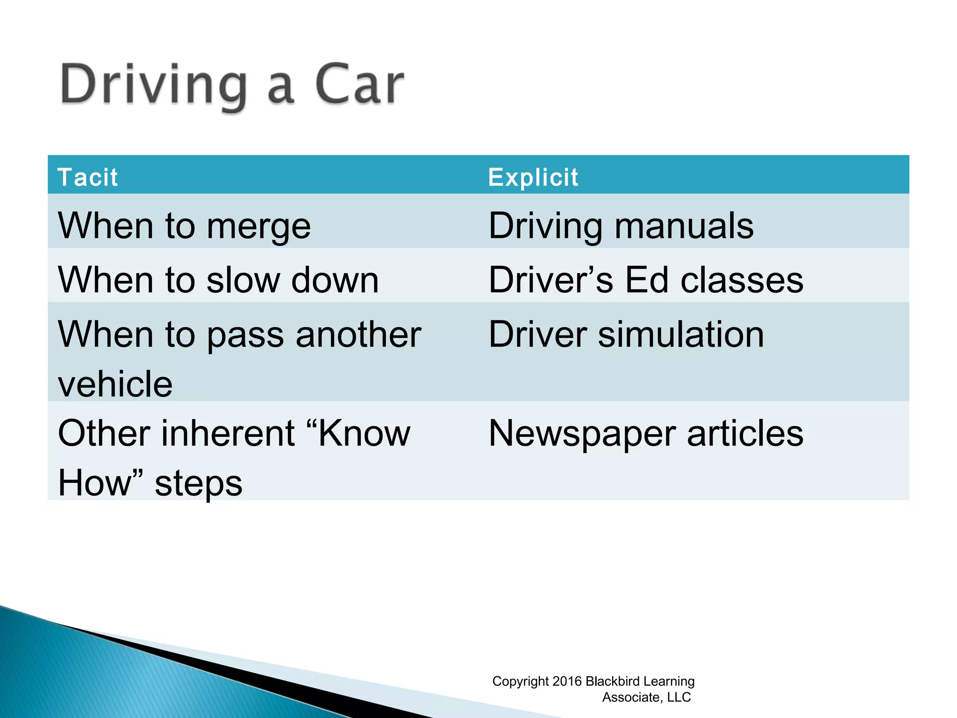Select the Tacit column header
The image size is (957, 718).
[x=87, y=177]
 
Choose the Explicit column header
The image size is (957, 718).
[x=533, y=177]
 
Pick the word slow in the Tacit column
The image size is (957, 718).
[x=243, y=280]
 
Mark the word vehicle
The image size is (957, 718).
[x=115, y=384]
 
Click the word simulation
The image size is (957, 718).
[x=681, y=334]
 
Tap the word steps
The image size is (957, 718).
[x=199, y=483]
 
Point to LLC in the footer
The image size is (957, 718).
[x=679, y=697]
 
